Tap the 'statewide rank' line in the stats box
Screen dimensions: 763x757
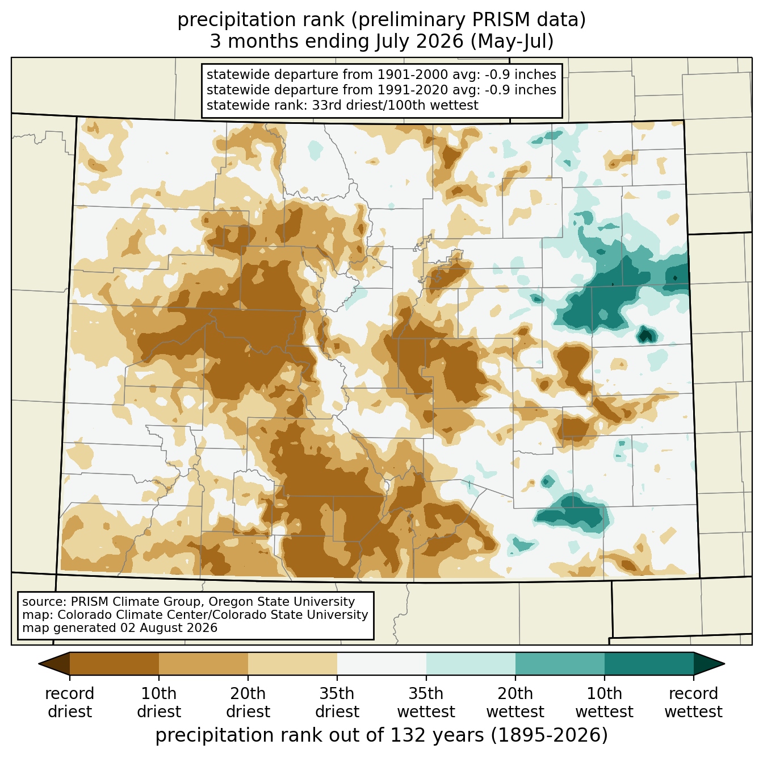(x=342, y=105)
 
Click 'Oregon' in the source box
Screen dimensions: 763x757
(x=230, y=601)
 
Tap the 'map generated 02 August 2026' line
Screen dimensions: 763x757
(x=120, y=628)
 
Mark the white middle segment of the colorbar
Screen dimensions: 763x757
(x=381, y=663)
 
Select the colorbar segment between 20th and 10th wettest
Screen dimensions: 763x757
(x=560, y=663)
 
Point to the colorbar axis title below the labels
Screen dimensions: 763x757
(x=381, y=735)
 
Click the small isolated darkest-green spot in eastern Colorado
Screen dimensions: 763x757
(x=646, y=335)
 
